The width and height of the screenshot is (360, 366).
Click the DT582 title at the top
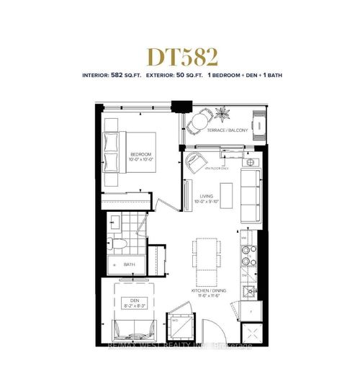pyautogui.click(x=180, y=55)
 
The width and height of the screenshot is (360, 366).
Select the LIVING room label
pyautogui.click(x=204, y=202)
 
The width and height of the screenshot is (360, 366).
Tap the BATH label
pyautogui.click(x=129, y=264)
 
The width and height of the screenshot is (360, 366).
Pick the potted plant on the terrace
pyautogui.click(x=222, y=114)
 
